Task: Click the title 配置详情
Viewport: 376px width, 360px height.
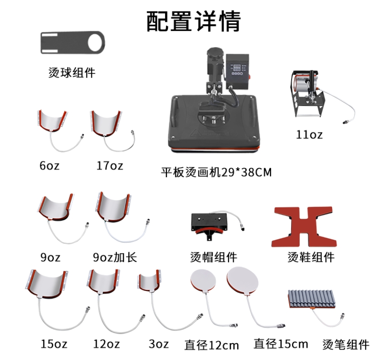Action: click(x=193, y=21)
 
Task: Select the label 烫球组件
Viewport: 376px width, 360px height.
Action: click(x=72, y=72)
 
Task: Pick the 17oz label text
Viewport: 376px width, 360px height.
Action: click(x=110, y=165)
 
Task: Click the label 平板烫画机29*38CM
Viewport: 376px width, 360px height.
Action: click(x=216, y=173)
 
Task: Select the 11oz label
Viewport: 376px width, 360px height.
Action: click(x=309, y=135)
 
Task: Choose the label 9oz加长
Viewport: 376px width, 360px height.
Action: click(x=115, y=257)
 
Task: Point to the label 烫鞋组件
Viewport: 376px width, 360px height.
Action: click(x=311, y=257)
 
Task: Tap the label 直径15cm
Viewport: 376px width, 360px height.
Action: click(x=281, y=344)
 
